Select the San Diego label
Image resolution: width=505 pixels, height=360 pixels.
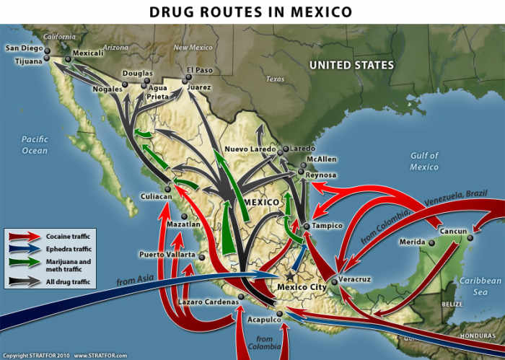point(25,48)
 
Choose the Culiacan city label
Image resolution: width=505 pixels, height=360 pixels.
point(157,196)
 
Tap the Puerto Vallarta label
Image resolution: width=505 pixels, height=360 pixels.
point(167,255)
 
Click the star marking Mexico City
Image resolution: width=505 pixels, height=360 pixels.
point(290,276)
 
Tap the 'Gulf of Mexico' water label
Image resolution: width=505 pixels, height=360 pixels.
point(424,162)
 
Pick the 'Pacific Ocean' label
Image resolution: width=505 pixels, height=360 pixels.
point(34,145)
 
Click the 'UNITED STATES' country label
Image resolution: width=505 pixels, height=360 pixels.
point(351,66)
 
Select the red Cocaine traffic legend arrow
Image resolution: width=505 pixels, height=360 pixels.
point(25,236)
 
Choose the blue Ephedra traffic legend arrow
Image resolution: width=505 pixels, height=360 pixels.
point(25,249)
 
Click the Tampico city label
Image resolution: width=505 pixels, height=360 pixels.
point(328,226)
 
